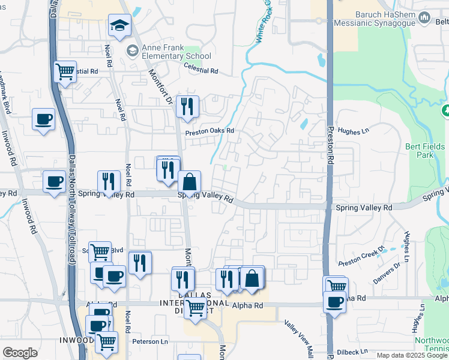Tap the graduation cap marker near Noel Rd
pyautogui.click(x=119, y=26)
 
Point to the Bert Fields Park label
pyautogui.click(x=425, y=151)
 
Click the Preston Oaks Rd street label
pyautogui.click(x=209, y=131)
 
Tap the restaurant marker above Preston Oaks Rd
pyautogui.click(x=187, y=107)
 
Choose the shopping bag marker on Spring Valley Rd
pyautogui.click(x=189, y=182)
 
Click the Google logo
pyautogui.click(x=20, y=353)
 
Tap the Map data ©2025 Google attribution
pyautogui.click(x=412, y=355)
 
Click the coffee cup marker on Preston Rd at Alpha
pyautogui.click(x=334, y=301)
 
